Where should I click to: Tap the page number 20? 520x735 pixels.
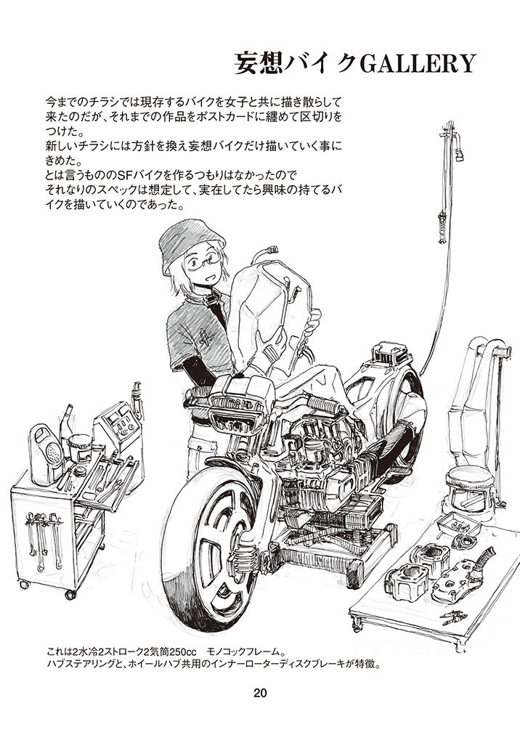[x=260, y=692]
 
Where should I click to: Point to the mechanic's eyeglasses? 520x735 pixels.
[x=203, y=261]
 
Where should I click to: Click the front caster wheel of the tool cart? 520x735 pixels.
[x=70, y=594]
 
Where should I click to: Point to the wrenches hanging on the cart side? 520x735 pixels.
[x=43, y=539]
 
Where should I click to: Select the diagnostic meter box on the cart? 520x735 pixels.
[x=117, y=424]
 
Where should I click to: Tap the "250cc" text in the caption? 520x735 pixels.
[x=182, y=652]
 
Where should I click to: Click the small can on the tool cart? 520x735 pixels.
[x=80, y=447]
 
